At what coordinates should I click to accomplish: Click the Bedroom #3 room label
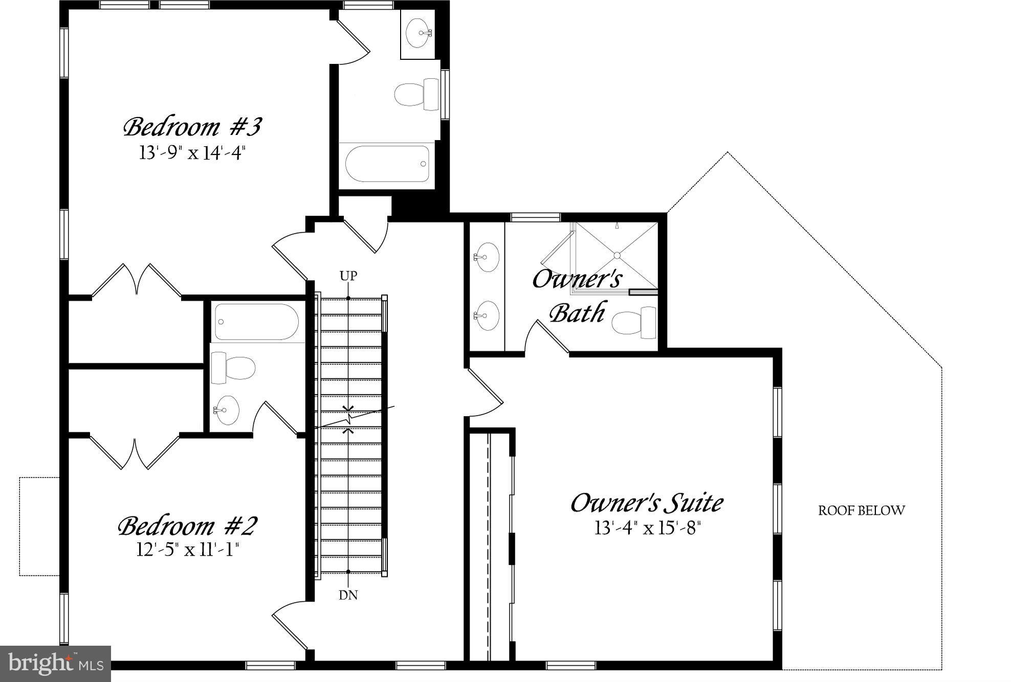(x=192, y=127)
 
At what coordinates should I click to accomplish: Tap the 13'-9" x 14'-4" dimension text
(x=192, y=153)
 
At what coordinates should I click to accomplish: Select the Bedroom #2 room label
(x=187, y=526)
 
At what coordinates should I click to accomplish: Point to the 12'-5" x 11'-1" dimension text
(x=187, y=550)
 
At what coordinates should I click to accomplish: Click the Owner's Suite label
(x=647, y=503)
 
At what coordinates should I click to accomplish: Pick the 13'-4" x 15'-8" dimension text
(x=647, y=528)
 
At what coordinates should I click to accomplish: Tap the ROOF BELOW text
(x=862, y=511)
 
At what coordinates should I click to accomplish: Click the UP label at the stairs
(x=348, y=276)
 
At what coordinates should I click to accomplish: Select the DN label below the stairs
(x=348, y=595)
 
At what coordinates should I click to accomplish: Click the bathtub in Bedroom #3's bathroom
(x=387, y=164)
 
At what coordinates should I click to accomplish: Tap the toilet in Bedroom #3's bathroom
(x=415, y=94)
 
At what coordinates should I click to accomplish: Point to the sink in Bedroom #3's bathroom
(x=420, y=33)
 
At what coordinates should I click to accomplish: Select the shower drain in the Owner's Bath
(x=617, y=255)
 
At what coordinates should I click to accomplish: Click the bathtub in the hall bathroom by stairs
(x=256, y=322)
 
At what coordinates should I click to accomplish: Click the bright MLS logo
(x=55, y=664)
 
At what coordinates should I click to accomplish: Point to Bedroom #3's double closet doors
(x=137, y=280)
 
